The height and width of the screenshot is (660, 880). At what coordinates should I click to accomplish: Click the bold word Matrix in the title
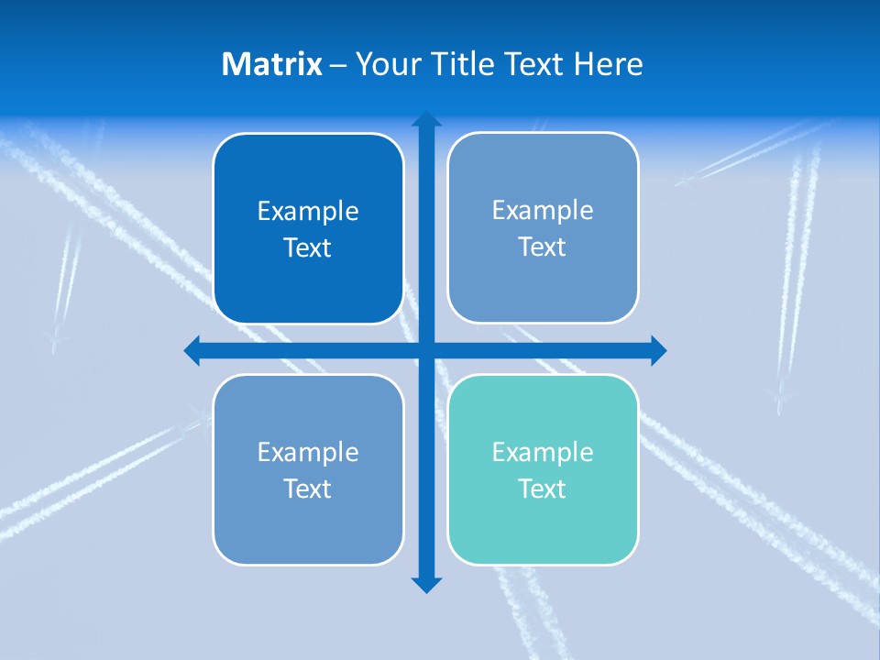[x=271, y=64]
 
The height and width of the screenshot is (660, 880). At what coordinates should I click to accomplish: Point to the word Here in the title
[x=609, y=64]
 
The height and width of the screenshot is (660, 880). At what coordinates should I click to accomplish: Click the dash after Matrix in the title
[x=338, y=65]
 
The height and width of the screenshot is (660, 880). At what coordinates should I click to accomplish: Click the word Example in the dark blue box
[x=308, y=212]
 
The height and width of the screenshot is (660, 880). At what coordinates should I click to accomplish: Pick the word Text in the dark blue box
[x=308, y=248]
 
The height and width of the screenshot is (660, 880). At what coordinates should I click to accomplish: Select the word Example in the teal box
[x=543, y=452]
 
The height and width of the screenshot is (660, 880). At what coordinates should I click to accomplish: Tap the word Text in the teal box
[x=543, y=489]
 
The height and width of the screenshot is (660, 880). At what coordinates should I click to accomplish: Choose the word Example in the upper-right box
[x=543, y=211]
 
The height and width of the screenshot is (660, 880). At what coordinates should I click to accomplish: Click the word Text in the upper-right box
[x=543, y=247]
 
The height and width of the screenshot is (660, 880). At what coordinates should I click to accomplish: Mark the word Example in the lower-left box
[x=308, y=452]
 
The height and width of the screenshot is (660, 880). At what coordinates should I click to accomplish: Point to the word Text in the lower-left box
[x=308, y=489]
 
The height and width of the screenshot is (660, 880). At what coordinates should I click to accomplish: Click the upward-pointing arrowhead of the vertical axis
[x=426, y=119]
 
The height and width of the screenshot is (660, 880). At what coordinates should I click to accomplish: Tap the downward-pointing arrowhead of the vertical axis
[x=426, y=585]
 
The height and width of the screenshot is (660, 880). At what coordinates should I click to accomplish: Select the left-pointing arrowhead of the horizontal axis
[x=192, y=350]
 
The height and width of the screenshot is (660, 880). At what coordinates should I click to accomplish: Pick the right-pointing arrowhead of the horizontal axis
[x=658, y=350]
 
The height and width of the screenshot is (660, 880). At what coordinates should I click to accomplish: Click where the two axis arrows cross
[x=426, y=350]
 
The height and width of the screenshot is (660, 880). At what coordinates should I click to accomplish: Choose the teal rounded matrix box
[x=543, y=532]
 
